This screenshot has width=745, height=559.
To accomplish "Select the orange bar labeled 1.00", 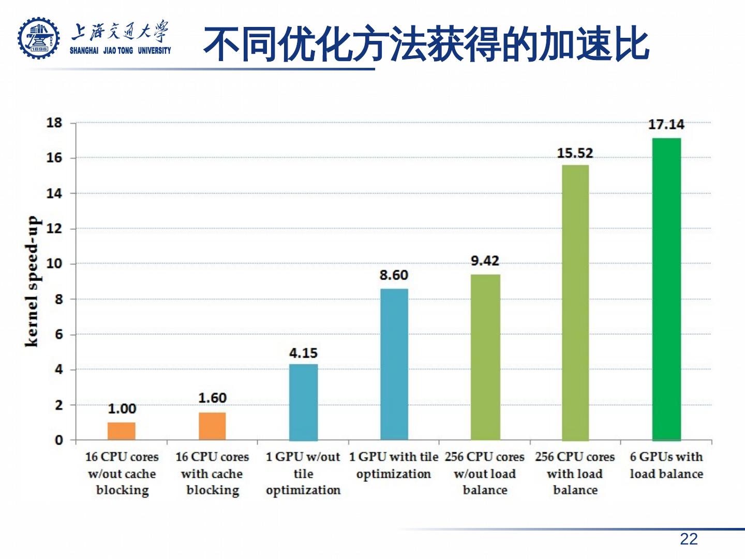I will (122, 431).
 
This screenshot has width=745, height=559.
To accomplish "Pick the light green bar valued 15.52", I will (575, 302).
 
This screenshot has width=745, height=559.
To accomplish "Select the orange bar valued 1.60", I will (212, 426).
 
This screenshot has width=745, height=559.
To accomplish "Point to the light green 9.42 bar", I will (485, 357).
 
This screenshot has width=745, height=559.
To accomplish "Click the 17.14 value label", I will (666, 125).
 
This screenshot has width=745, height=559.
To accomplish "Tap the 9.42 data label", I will (485, 261).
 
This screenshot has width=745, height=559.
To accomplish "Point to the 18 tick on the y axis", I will (54, 123).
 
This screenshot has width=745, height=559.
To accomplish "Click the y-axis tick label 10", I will (54, 263).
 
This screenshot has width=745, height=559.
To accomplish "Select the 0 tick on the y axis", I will (58, 440).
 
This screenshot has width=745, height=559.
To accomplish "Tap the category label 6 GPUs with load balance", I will (666, 465).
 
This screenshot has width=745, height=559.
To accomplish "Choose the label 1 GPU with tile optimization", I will (393, 465).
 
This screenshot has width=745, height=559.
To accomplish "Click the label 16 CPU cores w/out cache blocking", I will (122, 473).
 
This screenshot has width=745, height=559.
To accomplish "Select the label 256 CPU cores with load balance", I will (575, 473).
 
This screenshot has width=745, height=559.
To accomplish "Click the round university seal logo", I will (39, 38).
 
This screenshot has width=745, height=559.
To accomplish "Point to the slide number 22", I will (689, 539).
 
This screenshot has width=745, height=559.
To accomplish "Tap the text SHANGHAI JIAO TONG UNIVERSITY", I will (121, 51).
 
